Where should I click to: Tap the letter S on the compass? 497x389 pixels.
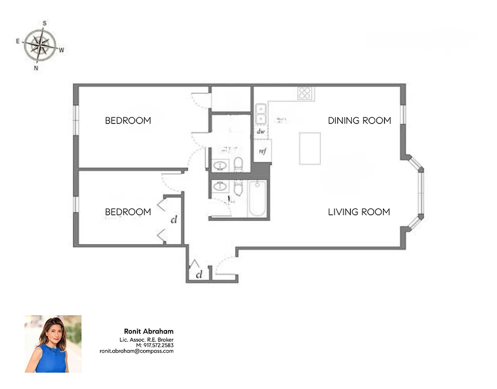pos(44,23)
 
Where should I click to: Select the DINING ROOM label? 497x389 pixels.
pos(359,121)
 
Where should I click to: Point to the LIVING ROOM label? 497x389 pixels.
pos(359,212)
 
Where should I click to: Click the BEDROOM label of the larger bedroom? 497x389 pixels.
pos(128,121)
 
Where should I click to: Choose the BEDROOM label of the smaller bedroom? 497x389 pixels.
pos(128,212)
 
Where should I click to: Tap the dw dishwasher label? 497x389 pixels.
pos(261,131)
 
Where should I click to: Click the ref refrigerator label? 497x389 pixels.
pos(263,151)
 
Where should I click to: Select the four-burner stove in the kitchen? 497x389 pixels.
pos(305,93)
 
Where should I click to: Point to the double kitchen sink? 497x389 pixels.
pos(261,114)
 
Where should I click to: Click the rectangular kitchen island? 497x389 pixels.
pos(309,149)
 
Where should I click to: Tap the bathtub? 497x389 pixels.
pos(257,199)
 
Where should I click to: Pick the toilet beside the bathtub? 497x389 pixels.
pos(238,187)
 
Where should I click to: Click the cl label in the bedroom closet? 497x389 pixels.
pos(173,219)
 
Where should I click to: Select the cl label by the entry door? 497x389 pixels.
pos(199,275)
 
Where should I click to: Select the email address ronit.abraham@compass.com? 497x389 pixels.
pos(136,351)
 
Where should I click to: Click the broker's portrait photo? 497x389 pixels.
pos(53,344)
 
